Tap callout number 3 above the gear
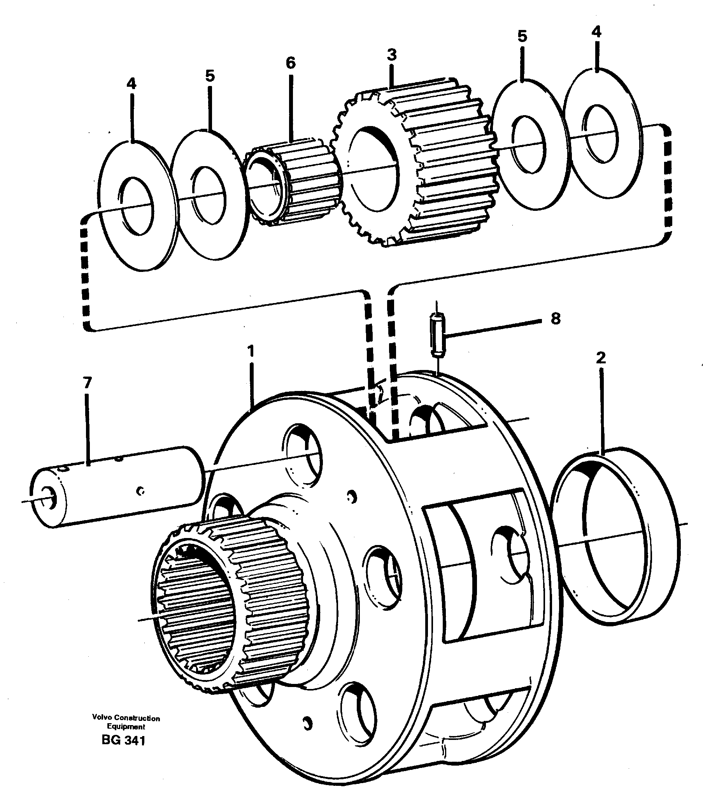(391, 55)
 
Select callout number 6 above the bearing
(291, 63)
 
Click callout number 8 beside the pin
(555, 319)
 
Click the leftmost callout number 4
(131, 84)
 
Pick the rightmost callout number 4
(596, 32)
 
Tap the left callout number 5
(210, 76)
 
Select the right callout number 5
(522, 37)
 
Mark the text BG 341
(123, 741)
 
